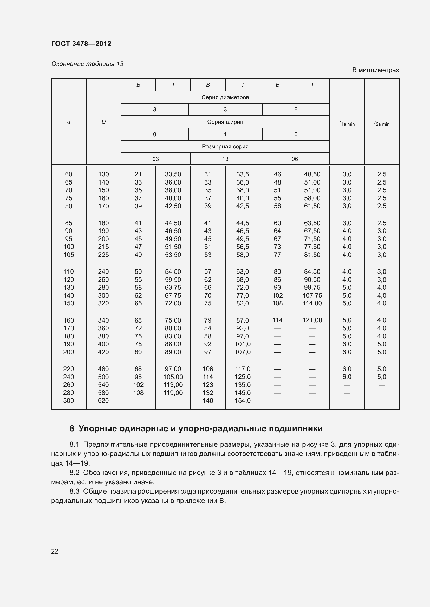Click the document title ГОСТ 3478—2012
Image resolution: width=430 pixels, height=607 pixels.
click(81, 44)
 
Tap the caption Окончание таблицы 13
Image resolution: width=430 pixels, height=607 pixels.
click(87, 64)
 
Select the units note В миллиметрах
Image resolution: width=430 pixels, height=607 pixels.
click(375, 70)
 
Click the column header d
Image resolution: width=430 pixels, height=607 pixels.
click(69, 122)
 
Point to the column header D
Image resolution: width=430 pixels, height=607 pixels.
click(103, 122)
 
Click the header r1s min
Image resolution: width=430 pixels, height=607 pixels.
click(347, 123)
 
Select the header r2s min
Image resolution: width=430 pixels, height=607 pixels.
click(382, 123)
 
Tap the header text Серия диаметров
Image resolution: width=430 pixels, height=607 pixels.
click(225, 97)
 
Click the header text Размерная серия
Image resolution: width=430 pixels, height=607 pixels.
click(225, 146)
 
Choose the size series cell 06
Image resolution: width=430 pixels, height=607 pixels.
click(295, 159)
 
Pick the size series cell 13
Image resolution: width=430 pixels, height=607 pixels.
click(225, 159)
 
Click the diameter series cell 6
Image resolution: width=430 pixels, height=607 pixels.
click(296, 110)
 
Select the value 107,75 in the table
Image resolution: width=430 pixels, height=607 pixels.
click(312, 295)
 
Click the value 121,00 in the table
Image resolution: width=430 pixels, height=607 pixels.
click(312, 320)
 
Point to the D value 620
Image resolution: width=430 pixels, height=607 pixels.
click(103, 400)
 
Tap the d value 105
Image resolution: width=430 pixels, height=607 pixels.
click(69, 255)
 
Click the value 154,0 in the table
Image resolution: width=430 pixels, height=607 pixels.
click(243, 400)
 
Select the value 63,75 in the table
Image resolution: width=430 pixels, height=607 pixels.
click(173, 287)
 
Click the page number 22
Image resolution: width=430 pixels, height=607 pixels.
click(55, 551)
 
